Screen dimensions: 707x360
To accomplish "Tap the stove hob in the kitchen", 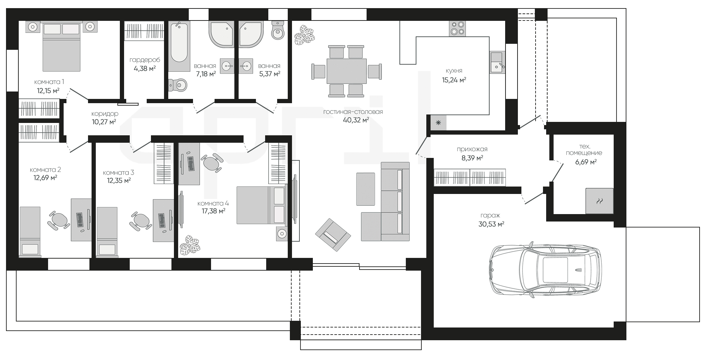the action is pyautogui.click(x=457, y=29).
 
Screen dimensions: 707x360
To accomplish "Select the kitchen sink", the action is pyautogui.click(x=498, y=63).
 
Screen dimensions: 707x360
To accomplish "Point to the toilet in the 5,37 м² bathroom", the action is pyautogui.click(x=278, y=30).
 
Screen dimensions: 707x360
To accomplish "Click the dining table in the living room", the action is pyautogui.click(x=346, y=71).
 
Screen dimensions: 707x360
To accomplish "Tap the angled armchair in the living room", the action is pyautogui.click(x=333, y=235).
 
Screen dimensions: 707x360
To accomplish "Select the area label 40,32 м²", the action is pyautogui.click(x=356, y=120).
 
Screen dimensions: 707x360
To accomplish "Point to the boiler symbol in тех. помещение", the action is pyautogui.click(x=600, y=201).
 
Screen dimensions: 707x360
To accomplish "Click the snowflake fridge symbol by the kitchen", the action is pyautogui.click(x=438, y=123).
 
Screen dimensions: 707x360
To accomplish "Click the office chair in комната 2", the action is pyautogui.click(x=58, y=220).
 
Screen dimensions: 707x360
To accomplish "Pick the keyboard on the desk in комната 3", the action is pyautogui.click(x=162, y=221).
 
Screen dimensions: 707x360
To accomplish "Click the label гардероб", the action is pyautogui.click(x=145, y=60).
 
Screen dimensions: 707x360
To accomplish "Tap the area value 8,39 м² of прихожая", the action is pyautogui.click(x=472, y=158).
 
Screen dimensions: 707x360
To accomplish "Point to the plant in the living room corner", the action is pyautogui.click(x=304, y=35).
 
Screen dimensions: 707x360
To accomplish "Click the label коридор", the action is pyautogui.click(x=105, y=114).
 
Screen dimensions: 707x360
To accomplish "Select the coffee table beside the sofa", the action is pyautogui.click(x=366, y=189).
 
